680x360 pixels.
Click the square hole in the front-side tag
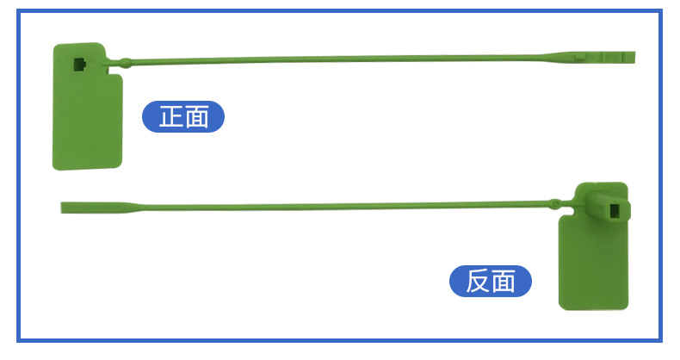tap(79, 64)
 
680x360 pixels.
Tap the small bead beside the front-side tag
tap(126, 62)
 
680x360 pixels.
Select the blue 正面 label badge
tap(182, 116)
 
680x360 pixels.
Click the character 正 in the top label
tap(170, 116)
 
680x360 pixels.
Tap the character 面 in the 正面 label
tap(196, 116)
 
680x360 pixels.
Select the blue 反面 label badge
tap(491, 281)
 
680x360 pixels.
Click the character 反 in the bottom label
tap(478, 281)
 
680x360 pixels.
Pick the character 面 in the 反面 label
tap(504, 281)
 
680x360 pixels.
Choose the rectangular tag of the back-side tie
tap(595, 263)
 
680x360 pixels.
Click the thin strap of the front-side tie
tap(344, 59)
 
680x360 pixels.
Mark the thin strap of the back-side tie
tap(344, 207)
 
